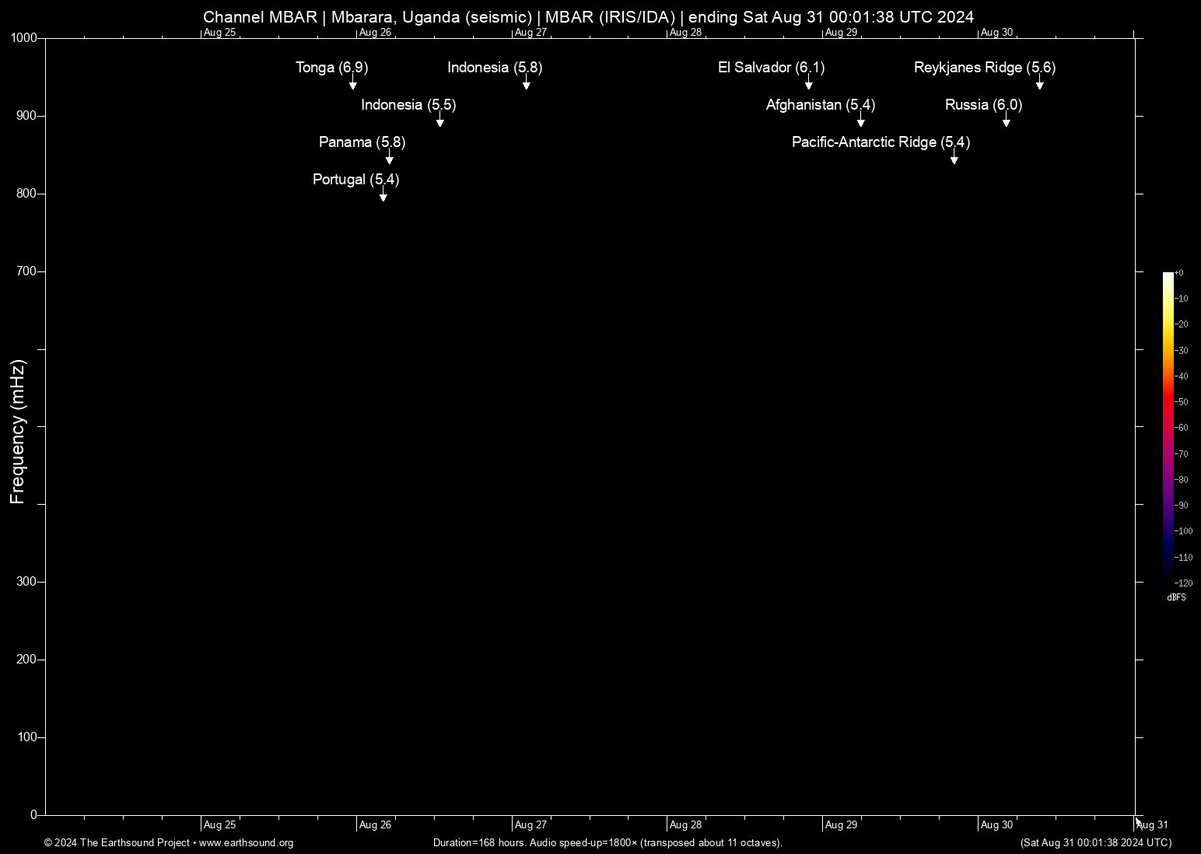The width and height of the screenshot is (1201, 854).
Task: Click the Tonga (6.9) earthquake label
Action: tap(331, 68)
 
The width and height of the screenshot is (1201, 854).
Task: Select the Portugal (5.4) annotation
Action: tap(355, 180)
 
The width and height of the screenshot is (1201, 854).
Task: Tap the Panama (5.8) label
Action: tap(362, 142)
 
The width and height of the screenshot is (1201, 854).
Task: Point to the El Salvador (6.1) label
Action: tap(771, 68)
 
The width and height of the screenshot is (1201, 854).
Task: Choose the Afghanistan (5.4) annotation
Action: tap(820, 105)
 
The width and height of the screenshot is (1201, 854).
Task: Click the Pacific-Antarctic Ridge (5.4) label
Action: tap(881, 142)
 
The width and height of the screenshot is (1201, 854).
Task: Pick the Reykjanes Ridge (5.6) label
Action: tap(984, 68)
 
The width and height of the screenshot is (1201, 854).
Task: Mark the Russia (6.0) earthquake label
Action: tap(983, 105)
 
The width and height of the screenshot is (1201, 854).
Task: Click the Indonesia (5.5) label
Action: tap(408, 105)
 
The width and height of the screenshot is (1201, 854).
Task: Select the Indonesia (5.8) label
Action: tap(495, 68)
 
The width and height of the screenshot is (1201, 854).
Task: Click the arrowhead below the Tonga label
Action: tap(353, 85)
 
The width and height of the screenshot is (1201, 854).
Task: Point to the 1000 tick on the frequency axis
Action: tap(24, 38)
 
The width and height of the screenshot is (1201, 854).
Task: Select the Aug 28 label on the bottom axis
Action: tap(685, 824)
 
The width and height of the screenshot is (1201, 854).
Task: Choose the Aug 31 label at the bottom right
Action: tap(1152, 824)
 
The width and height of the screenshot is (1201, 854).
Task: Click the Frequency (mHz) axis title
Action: tap(18, 432)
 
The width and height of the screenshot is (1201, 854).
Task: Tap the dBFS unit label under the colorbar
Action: tap(1176, 597)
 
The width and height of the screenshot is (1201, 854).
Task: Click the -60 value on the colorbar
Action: tap(1182, 428)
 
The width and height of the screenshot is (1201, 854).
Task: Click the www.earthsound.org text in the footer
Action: tap(246, 843)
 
